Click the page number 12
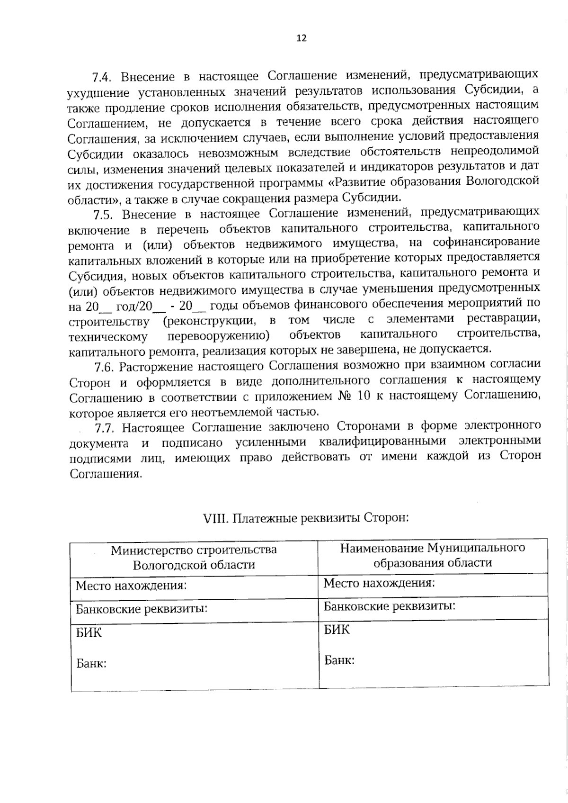tap(301, 38)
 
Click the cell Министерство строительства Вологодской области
tap(194, 557)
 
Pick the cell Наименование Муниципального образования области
tap(433, 555)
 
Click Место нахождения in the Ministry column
tap(132, 586)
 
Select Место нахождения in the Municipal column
tap(379, 583)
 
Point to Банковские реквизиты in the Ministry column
tap(142, 609)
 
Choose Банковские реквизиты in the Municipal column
tap(390, 606)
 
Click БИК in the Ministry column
tap(89, 632)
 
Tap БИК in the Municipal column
tap(337, 630)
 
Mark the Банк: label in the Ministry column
tap(91, 663)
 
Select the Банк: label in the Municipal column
tap(339, 660)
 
